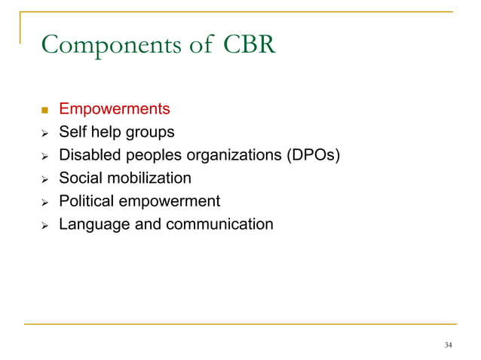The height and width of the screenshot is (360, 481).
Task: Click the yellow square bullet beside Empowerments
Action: pyautogui.click(x=44, y=111)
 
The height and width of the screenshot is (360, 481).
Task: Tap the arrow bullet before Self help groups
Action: pyautogui.click(x=44, y=133)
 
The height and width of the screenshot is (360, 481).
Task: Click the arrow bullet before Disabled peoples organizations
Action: pyautogui.click(x=44, y=157)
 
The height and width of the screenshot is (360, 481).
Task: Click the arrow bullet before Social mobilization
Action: pyautogui.click(x=44, y=179)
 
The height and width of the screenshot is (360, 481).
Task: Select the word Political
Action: pyautogui.click(x=87, y=201)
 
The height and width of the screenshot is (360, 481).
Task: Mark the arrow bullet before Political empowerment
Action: pyautogui.click(x=44, y=202)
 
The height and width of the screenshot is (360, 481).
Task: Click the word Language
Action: pyautogui.click(x=94, y=224)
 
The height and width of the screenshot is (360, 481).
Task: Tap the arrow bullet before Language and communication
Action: pyautogui.click(x=44, y=224)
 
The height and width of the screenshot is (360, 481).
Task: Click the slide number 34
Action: pyautogui.click(x=449, y=345)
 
